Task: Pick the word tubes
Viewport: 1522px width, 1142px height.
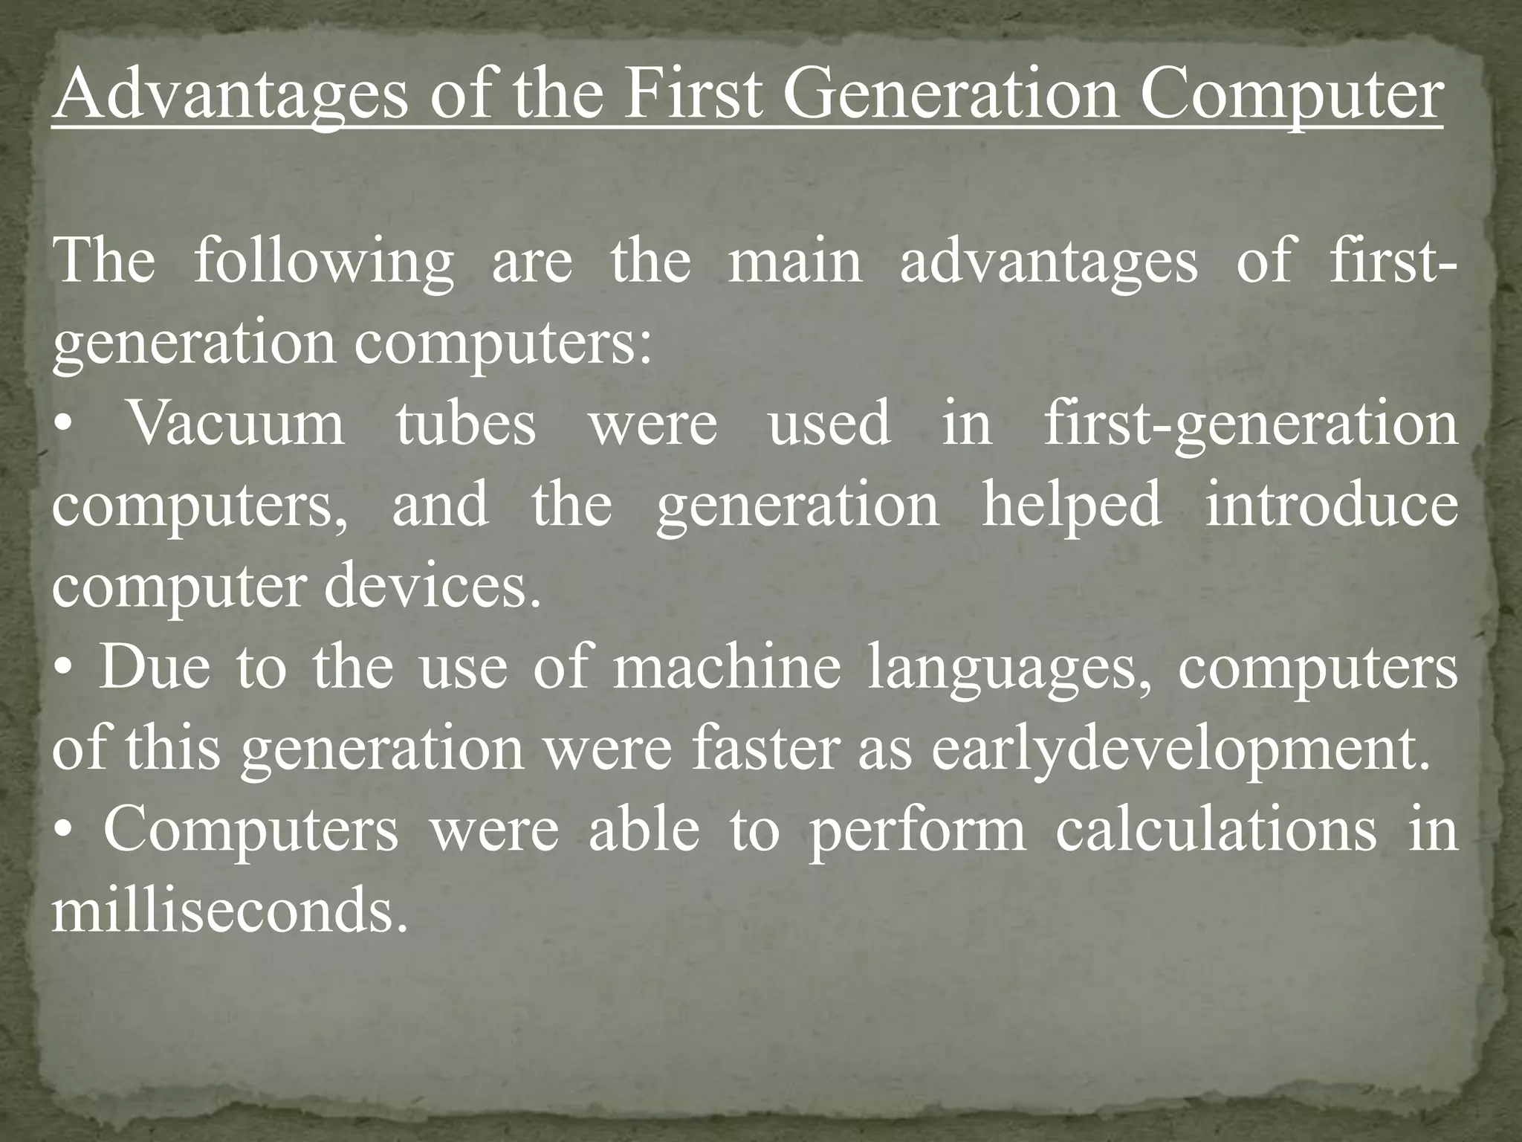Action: pos(465,424)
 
